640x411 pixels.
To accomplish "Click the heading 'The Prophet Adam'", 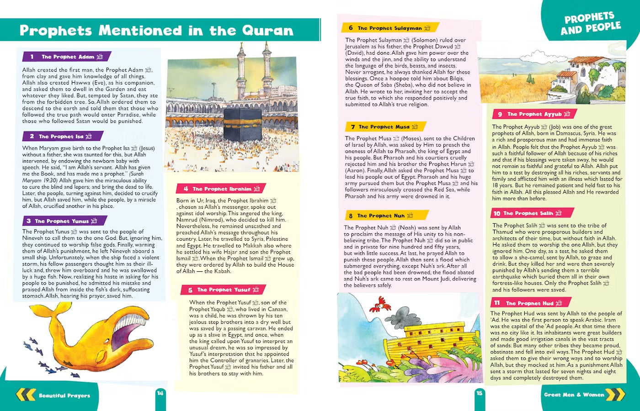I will [68, 57].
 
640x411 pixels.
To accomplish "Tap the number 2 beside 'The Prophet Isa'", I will [32, 137].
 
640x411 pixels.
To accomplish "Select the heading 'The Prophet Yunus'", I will [62, 221].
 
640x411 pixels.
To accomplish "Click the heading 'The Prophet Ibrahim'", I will [222, 189].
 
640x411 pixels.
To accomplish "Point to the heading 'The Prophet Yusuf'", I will [224, 290].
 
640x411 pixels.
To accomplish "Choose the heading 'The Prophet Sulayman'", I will [389, 28].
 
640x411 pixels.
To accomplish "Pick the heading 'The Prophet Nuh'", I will [381, 216].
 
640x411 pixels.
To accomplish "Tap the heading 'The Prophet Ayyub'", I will [534, 114].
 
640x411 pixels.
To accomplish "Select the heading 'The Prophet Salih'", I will [528, 213].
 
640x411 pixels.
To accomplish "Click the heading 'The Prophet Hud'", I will [529, 303].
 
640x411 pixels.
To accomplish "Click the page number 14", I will [160, 393].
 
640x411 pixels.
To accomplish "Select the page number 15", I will [479, 393].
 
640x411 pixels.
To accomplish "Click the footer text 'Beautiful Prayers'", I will [64, 395].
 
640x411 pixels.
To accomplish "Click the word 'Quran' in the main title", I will [267, 31].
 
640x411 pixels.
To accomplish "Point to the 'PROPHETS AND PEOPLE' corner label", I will [590, 24].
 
